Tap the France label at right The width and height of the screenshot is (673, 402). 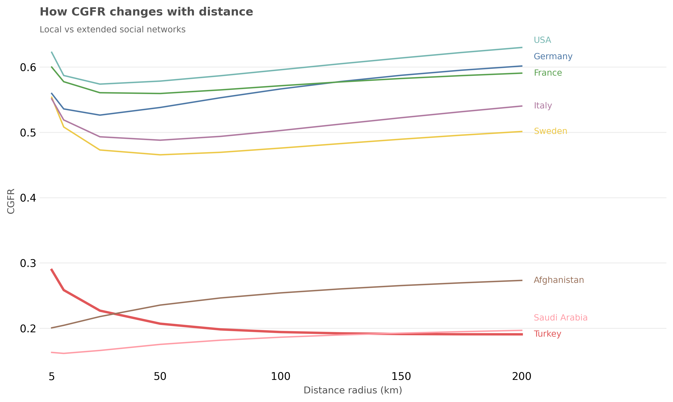point(547,73)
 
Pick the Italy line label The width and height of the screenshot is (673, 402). point(543,105)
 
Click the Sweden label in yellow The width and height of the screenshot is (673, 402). point(550,131)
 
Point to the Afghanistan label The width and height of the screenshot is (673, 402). point(559,280)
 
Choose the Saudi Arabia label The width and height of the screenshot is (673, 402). point(560,318)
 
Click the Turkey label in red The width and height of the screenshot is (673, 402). point(547,334)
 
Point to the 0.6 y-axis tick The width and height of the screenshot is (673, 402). point(28,67)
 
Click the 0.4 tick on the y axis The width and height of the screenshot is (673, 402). point(28,198)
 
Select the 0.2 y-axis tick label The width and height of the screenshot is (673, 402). point(28,329)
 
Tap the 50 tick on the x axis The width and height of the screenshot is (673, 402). point(160,376)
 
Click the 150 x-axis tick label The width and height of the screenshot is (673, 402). point(401,376)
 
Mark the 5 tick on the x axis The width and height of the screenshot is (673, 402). point(52,376)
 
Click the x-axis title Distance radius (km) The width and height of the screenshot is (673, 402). point(353,390)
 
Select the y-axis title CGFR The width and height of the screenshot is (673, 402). point(11,201)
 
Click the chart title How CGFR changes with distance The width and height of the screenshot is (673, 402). point(146,12)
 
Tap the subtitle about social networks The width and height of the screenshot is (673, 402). point(113,30)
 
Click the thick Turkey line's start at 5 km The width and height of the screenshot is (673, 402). point(52,269)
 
